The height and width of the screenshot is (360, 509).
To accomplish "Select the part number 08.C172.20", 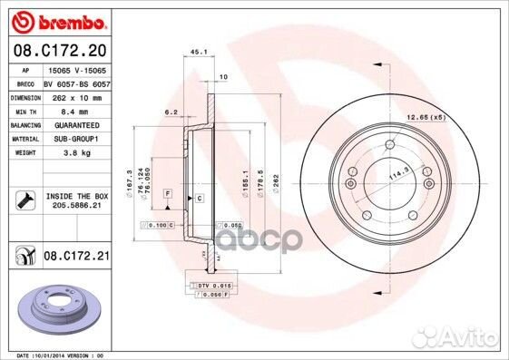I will click(x=58, y=50).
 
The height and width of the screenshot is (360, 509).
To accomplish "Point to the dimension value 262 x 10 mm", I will click(x=76, y=96).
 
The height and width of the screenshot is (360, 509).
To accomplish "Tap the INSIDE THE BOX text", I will click(x=76, y=195).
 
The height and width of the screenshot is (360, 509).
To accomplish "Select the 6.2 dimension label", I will click(x=170, y=112).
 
